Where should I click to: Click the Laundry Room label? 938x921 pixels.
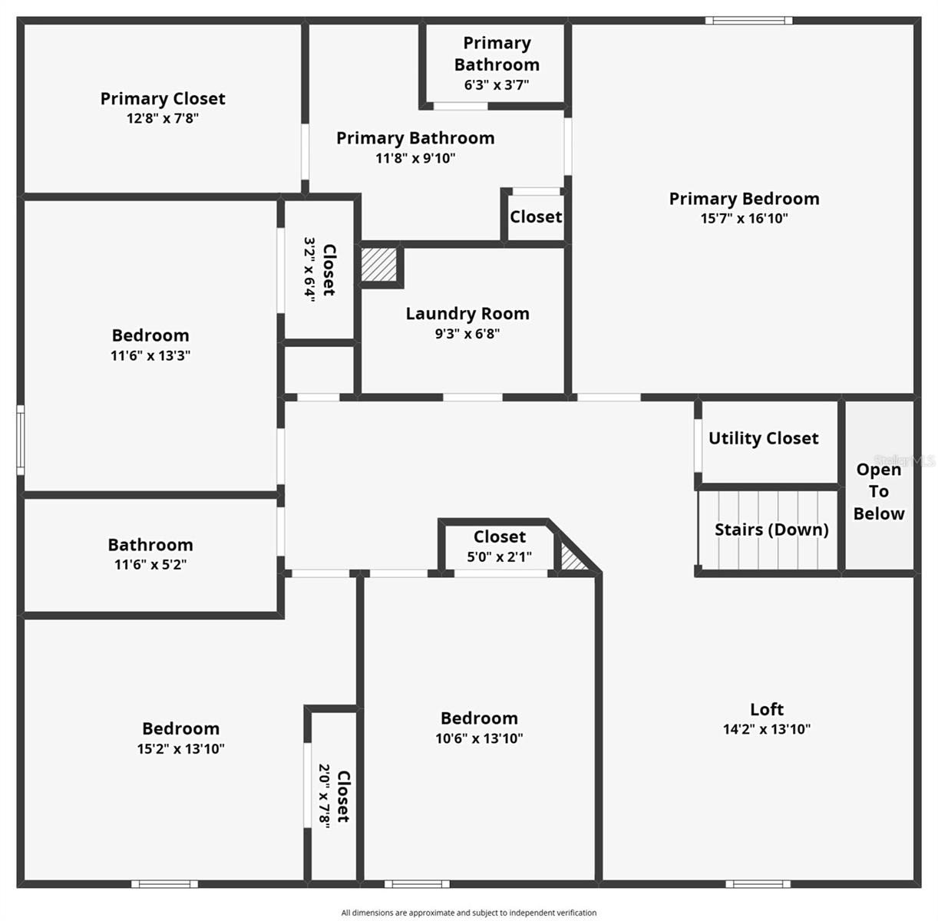tap(467, 313)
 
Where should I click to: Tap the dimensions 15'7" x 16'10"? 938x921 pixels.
tap(744, 219)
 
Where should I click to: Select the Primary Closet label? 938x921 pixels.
tap(163, 99)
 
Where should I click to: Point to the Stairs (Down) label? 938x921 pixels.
tap(771, 530)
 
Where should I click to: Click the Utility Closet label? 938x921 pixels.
tap(763, 438)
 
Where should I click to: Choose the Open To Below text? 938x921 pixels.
tap(879, 491)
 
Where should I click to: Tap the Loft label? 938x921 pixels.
tap(767, 709)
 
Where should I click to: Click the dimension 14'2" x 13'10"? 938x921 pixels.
tap(767, 729)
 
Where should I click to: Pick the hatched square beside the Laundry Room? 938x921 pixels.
tap(378, 264)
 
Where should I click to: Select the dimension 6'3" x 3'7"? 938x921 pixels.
tap(497, 85)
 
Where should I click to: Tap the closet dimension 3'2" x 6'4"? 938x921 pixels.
tap(309, 269)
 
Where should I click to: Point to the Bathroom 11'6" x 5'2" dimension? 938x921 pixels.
tap(150, 565)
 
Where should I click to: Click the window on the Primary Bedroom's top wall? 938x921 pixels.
tap(748, 21)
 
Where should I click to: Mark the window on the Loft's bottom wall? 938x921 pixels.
tap(758, 884)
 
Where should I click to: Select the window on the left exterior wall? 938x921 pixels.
tap(21, 440)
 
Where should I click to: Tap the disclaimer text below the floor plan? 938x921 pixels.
tap(469, 913)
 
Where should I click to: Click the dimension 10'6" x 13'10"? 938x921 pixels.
tap(479, 738)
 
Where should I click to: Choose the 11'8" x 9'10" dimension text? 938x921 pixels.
tap(415, 158)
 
